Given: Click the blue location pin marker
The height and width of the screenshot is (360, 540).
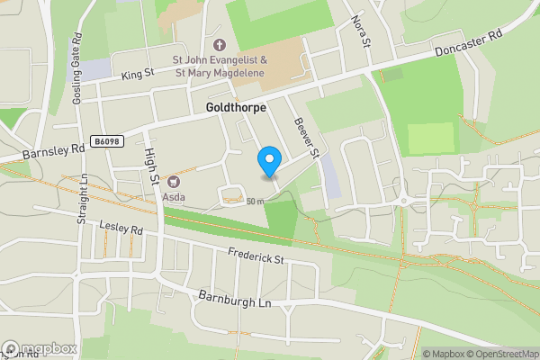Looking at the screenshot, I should tap(268, 161).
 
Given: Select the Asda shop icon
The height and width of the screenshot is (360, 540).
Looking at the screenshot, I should tap(168, 182).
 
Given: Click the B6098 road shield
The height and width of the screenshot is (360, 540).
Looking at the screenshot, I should tap(106, 141).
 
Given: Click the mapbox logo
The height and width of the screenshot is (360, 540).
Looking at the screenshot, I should tap(40, 349).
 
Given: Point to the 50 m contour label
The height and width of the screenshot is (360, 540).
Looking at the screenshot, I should tap(255, 202).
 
